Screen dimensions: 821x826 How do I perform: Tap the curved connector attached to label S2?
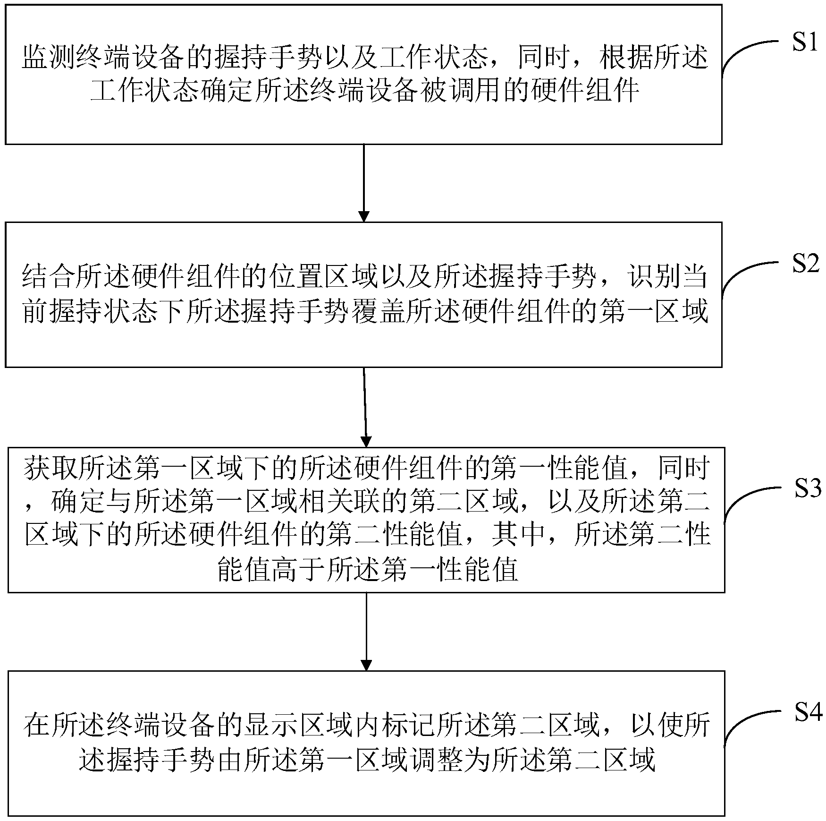coord(746,274)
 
